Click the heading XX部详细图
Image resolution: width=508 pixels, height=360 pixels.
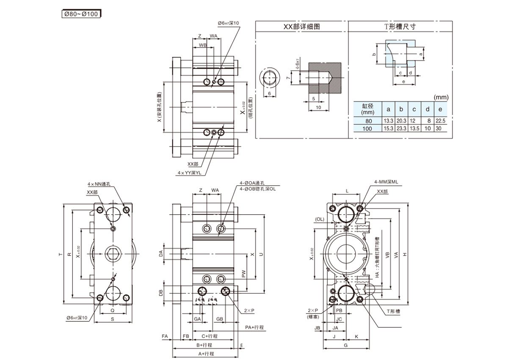301,26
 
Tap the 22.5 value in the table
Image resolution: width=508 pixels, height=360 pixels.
440,121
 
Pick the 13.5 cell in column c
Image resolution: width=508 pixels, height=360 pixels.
414,128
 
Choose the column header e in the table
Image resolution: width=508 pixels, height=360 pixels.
440,110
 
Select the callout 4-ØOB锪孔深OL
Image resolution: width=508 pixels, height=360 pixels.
258,189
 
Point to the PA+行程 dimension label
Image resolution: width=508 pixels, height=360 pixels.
254,327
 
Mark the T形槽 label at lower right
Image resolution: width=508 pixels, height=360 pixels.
393,311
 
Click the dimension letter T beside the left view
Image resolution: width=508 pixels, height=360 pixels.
60,255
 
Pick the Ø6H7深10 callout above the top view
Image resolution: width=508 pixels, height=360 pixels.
228,23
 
